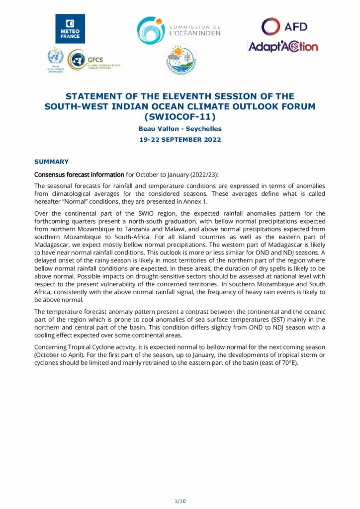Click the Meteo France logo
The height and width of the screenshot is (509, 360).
[x=70, y=29]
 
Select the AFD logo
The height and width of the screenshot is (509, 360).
[x=284, y=26]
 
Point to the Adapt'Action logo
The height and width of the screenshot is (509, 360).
[x=282, y=47]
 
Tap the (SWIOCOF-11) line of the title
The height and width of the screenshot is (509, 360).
[x=180, y=117]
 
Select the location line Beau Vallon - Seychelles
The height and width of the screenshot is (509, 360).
[x=180, y=129]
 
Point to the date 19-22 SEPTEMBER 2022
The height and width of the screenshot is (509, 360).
[x=180, y=140]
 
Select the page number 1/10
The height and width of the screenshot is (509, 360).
[x=180, y=501]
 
